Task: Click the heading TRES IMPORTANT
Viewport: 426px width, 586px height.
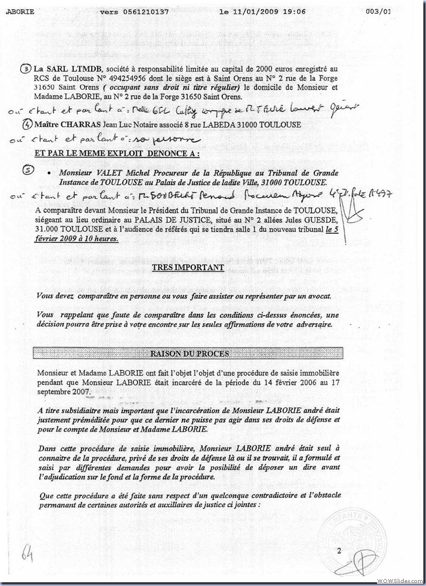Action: [x=187, y=267]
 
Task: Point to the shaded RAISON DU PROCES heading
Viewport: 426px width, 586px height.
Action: [x=190, y=353]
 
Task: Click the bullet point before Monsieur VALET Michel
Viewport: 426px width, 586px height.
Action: [x=49, y=174]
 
